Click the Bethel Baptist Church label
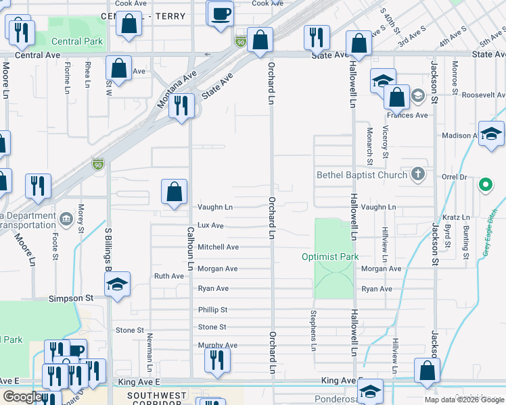coord(362,175)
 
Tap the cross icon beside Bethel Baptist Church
coord(419,175)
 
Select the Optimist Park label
coord(330,257)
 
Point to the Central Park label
coord(76,41)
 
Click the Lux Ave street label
coord(210,225)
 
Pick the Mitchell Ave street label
coord(218,247)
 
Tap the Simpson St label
coord(70,298)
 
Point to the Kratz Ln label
coord(456,217)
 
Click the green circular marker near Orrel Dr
coord(485,184)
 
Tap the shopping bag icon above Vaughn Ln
coord(174,191)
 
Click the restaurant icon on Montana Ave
coord(181,106)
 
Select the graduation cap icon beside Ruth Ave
coord(117,286)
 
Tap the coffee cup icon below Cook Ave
coord(220,14)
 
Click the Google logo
coord(22,397)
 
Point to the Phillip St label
coord(212,309)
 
